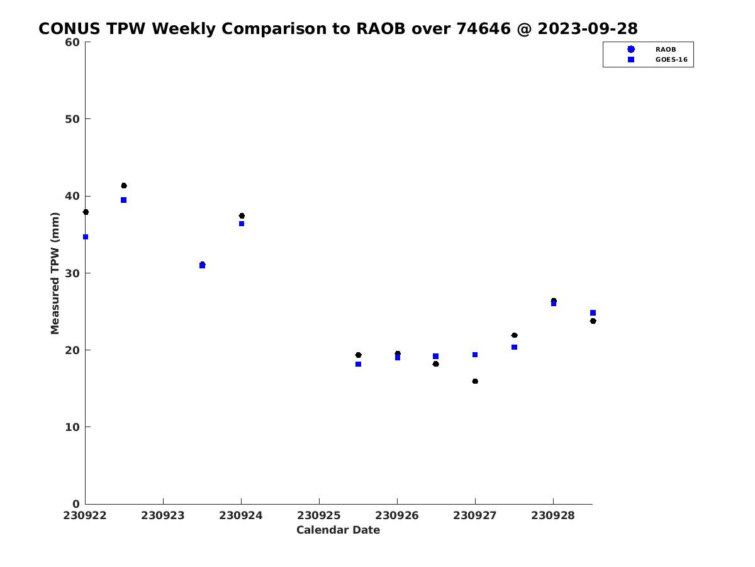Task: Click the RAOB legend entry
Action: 652,49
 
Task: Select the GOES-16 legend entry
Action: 657,60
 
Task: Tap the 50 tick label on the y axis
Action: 72,119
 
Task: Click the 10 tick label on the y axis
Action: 72,427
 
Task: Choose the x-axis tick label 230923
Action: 163,516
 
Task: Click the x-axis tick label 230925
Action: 319,516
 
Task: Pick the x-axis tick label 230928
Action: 553,516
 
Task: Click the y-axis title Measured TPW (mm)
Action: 55,273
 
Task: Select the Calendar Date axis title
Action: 338,530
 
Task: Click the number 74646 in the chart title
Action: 483,28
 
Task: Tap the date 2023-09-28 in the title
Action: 588,28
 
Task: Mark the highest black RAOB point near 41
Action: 124,186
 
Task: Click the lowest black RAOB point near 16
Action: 475,381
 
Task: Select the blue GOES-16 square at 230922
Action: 86,237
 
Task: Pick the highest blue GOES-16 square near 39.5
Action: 123,200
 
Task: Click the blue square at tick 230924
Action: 242,224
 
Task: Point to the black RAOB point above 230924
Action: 242,216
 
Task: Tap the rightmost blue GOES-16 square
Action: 593,313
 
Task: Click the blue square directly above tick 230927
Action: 475,355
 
